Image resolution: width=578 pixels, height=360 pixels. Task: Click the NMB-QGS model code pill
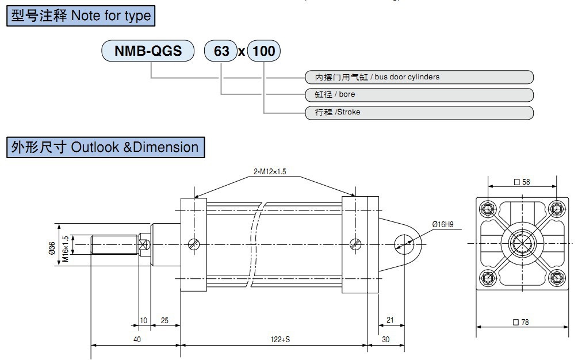point(148,51)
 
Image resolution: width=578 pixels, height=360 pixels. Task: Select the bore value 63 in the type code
point(221,51)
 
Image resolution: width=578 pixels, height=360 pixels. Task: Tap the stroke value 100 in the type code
point(264,51)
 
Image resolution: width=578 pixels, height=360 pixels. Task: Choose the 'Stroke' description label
point(338,112)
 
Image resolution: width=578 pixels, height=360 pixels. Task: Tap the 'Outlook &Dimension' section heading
point(105,147)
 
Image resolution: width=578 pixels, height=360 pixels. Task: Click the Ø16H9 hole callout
point(443,224)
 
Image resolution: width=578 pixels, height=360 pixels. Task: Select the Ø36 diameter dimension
point(52,247)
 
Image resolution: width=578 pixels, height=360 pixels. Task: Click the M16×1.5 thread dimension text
point(66,247)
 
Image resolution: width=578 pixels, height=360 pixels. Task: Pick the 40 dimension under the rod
point(137,339)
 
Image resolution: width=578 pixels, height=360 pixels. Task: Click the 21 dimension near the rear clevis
point(389,320)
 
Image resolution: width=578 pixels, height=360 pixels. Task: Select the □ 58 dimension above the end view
point(522,182)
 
